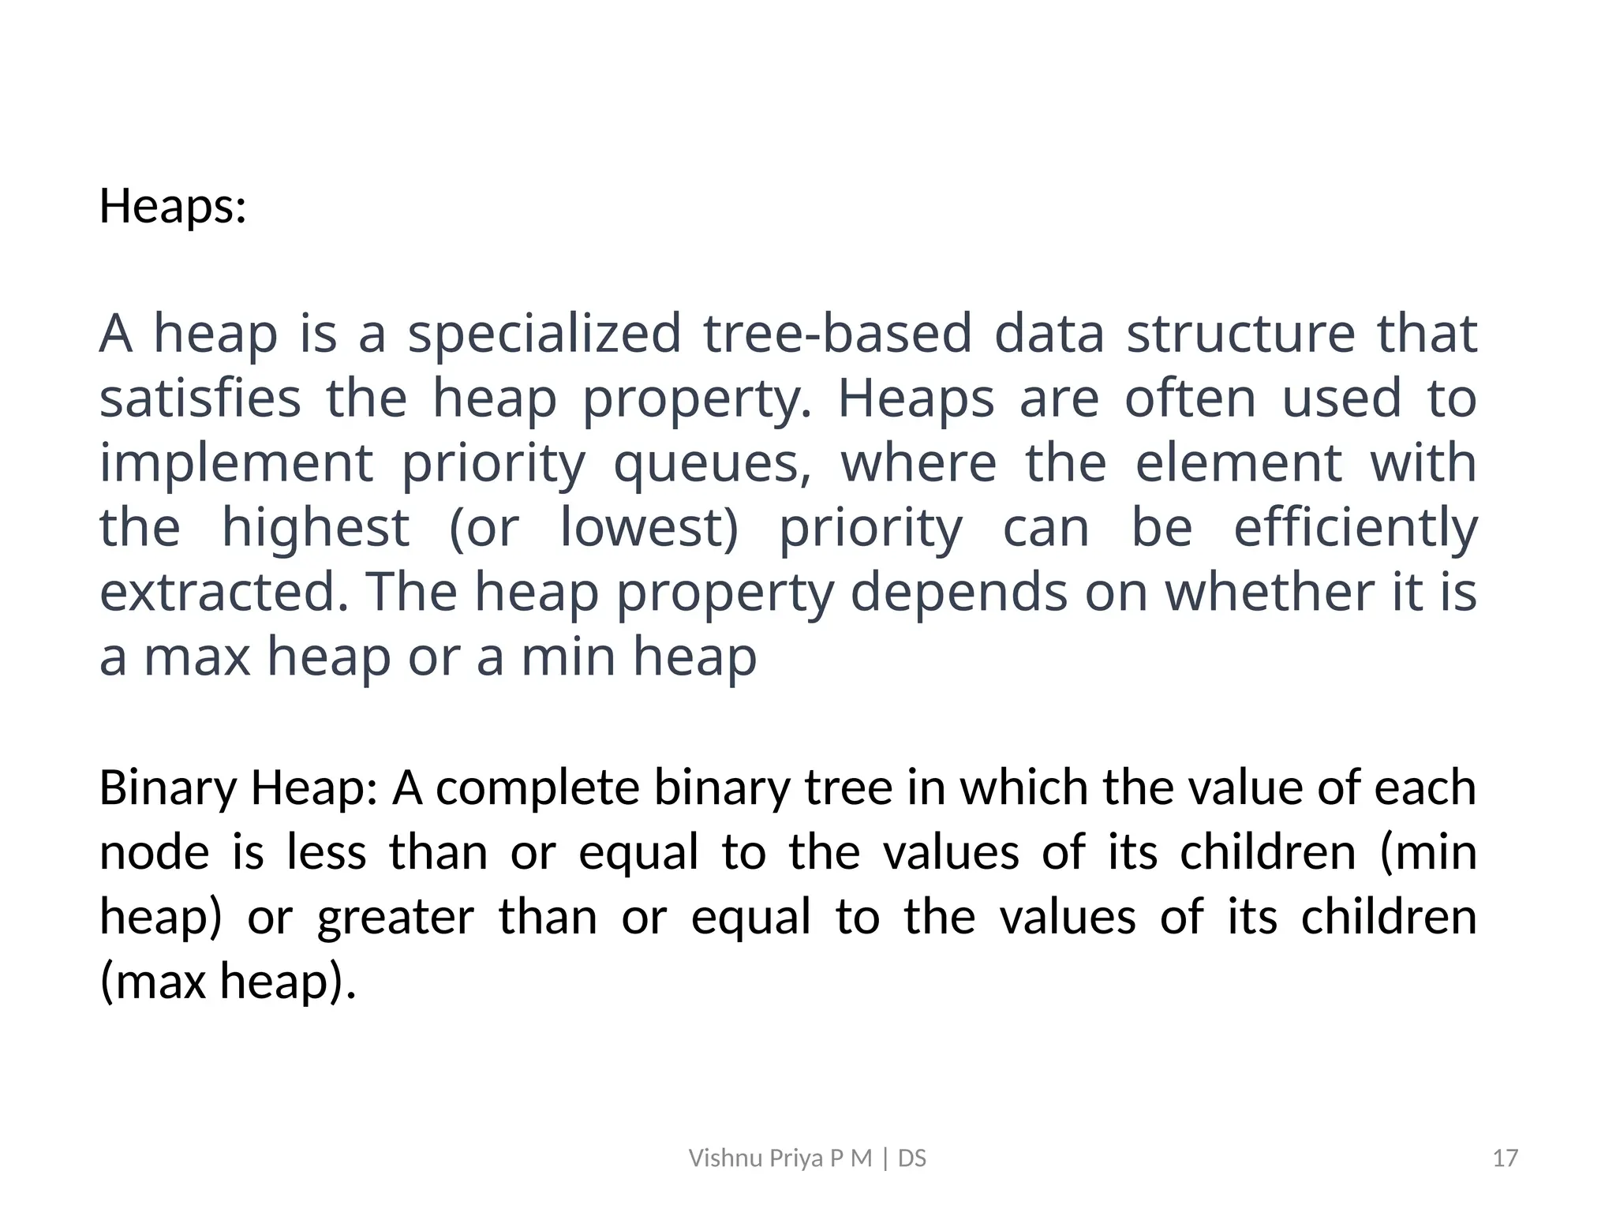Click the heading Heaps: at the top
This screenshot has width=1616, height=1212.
(x=173, y=207)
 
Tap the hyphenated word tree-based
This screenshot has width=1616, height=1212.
(x=838, y=333)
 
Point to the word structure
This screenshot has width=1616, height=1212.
(x=1240, y=333)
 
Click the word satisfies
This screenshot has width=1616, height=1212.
(x=200, y=398)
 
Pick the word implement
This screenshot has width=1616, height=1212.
(x=236, y=464)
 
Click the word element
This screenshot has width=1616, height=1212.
(x=1239, y=462)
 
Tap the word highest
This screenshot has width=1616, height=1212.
(x=316, y=529)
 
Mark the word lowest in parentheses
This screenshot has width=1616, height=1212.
(x=649, y=527)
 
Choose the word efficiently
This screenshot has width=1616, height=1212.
(x=1355, y=529)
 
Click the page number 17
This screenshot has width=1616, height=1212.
(x=1506, y=1158)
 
